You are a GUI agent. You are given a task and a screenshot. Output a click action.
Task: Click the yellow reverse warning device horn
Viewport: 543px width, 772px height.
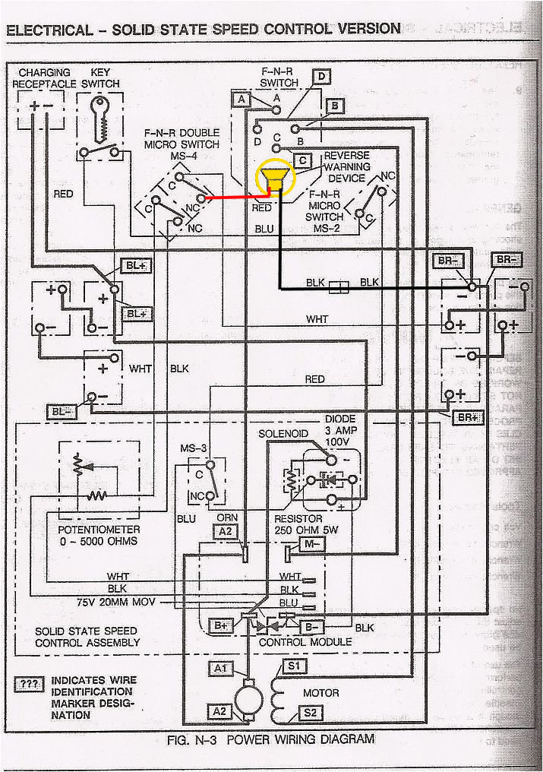274,179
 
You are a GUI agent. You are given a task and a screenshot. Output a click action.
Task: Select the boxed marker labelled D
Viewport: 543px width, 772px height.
322,76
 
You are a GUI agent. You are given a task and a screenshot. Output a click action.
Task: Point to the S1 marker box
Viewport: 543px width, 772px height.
295,666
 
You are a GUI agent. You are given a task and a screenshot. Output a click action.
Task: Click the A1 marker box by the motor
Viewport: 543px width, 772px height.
220,668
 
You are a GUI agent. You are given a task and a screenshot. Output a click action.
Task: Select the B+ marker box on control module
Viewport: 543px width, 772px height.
221,625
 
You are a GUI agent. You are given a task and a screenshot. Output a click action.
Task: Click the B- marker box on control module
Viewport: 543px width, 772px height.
311,627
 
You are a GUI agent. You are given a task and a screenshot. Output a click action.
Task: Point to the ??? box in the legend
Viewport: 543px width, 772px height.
29,684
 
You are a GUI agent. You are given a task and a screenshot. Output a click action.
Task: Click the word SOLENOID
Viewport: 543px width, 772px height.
283,433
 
